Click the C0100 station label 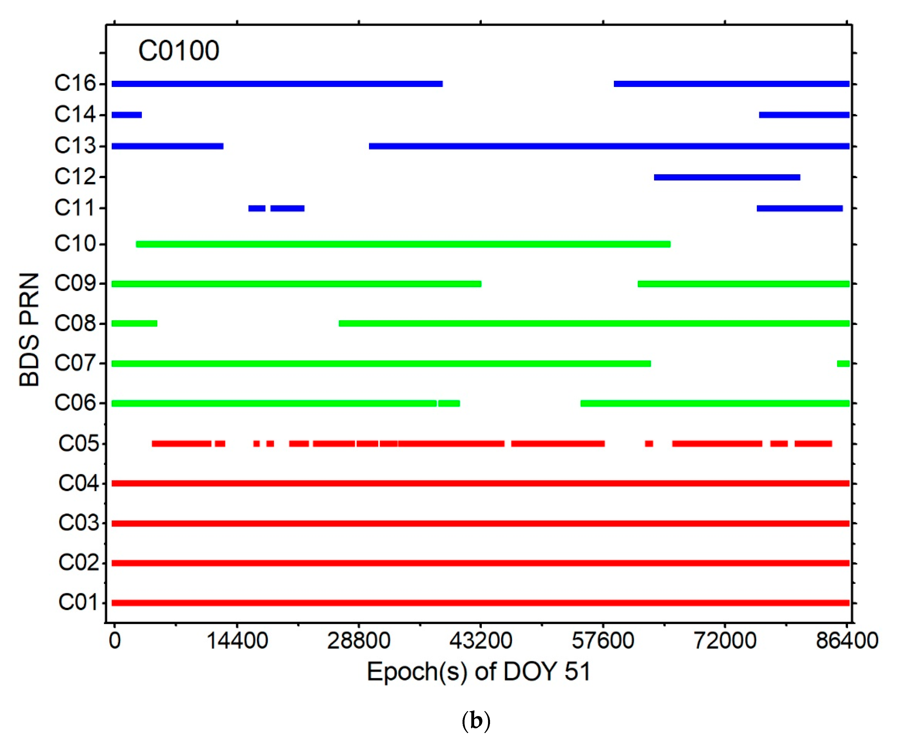[x=179, y=51]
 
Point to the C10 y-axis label [x=75, y=244]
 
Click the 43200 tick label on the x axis [x=481, y=641]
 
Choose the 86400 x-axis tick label [x=847, y=641]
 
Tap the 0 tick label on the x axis [x=114, y=641]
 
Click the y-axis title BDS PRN [x=29, y=330]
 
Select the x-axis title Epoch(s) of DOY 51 [x=478, y=672]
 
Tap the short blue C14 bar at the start [x=126, y=115]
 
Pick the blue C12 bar [x=727, y=177]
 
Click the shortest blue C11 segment [x=257, y=208]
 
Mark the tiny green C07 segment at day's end [x=843, y=363]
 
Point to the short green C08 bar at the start [x=134, y=323]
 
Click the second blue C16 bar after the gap [x=731, y=84]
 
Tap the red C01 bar [x=480, y=603]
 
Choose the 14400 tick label [x=237, y=641]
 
